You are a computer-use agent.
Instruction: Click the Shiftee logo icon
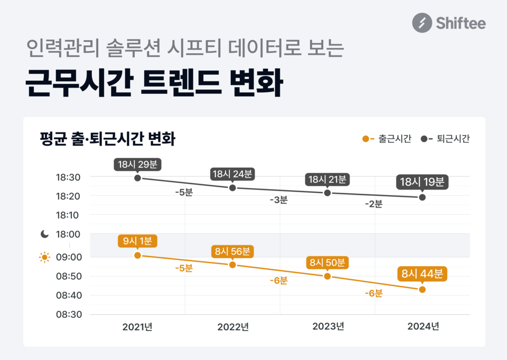(422, 23)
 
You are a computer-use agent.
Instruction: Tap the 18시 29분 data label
(138, 164)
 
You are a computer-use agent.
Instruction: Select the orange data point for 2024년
(422, 289)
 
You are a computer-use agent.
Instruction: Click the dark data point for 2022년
(232, 188)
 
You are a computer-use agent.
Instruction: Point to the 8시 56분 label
(232, 251)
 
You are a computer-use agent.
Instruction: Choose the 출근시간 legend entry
(387, 139)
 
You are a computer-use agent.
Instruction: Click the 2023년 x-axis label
(328, 327)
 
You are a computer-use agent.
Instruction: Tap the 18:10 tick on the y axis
(68, 215)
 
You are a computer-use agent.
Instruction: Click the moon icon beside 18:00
(45, 234)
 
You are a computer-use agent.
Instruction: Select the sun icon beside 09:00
(45, 258)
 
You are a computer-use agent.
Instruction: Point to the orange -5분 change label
(184, 268)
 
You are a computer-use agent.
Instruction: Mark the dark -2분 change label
(373, 204)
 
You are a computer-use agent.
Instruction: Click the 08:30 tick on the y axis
(68, 315)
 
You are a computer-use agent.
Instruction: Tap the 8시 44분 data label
(422, 274)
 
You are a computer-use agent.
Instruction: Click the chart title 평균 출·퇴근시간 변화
(108, 139)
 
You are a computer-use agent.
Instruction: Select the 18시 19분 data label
(422, 183)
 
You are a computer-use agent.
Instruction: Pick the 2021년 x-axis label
(137, 327)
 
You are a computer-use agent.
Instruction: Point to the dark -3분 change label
(278, 200)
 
